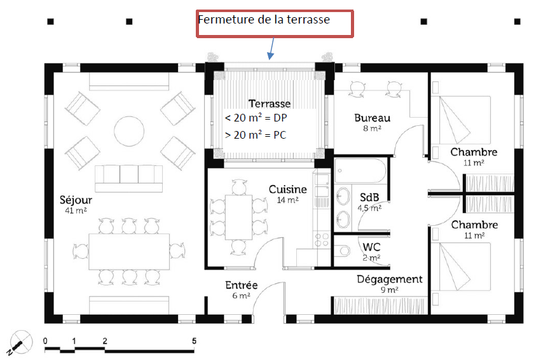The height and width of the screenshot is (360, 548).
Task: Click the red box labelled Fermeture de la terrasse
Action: (x=275, y=24)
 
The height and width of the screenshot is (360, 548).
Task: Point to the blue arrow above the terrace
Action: (x=271, y=48)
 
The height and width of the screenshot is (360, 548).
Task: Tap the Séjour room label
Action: (x=76, y=200)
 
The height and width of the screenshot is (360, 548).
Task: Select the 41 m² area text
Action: (x=76, y=211)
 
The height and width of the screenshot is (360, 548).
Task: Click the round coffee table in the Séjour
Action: (x=129, y=131)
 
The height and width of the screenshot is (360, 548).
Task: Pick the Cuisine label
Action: (x=287, y=190)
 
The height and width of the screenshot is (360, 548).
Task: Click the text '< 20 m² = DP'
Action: (x=256, y=118)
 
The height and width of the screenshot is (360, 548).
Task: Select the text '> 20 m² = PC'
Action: (x=256, y=135)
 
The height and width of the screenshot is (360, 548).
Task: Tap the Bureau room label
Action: (x=372, y=118)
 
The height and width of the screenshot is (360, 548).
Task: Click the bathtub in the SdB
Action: (x=360, y=171)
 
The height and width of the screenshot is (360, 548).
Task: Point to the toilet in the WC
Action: (x=342, y=251)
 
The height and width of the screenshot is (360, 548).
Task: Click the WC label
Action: (x=371, y=247)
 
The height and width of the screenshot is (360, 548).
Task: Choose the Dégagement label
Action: (x=390, y=279)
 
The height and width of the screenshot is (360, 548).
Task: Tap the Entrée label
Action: (x=242, y=285)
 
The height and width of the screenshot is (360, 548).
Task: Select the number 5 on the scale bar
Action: (x=194, y=341)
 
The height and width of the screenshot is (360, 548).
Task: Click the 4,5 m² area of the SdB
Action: (x=369, y=209)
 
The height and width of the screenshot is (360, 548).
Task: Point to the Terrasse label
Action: (x=270, y=104)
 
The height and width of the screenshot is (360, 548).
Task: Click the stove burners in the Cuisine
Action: (x=322, y=240)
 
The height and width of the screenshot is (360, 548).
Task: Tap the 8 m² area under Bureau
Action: (x=372, y=128)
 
